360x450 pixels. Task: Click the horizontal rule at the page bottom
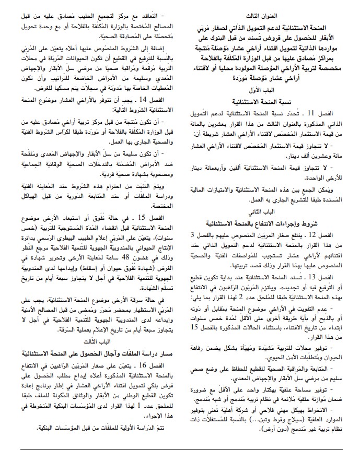tap(180, 444)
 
